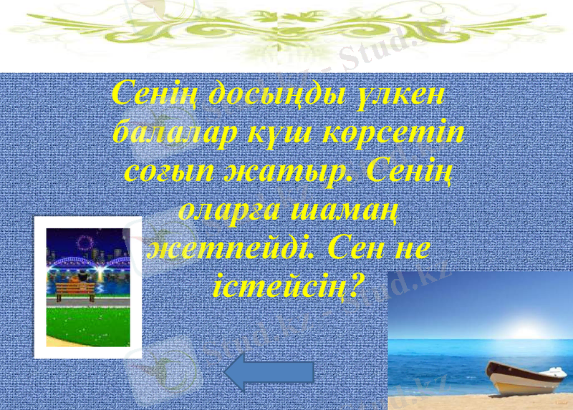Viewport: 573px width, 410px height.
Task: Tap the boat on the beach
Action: click(527, 377)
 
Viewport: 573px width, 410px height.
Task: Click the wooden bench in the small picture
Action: click(74, 289)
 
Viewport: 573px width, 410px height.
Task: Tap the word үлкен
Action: click(402, 94)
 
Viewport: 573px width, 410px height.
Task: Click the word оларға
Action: click(229, 211)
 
